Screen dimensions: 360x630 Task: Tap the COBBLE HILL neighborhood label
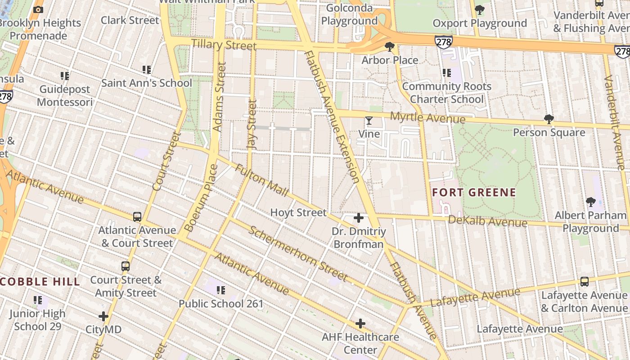point(40,282)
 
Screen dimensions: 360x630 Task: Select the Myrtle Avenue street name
point(427,117)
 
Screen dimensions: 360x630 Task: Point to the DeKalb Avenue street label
point(487,221)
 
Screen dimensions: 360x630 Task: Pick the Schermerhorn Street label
point(298,253)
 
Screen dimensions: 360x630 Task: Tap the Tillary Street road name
point(224,45)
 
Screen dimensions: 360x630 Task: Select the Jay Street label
point(252,125)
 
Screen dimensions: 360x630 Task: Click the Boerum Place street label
point(201,198)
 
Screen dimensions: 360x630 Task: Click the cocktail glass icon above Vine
point(369,121)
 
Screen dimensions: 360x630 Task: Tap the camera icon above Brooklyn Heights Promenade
point(39,9)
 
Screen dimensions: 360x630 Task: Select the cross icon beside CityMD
point(103,316)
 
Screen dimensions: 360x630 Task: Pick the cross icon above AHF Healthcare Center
point(360,324)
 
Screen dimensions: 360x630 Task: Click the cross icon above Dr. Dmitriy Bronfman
point(358,218)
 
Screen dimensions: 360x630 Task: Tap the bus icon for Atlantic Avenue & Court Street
point(137,217)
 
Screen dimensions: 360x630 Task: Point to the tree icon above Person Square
point(549,119)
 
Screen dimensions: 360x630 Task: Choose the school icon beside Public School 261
point(220,290)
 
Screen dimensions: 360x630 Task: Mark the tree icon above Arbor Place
point(390,47)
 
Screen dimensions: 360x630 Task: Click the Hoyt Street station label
point(298,212)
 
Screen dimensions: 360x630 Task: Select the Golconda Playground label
point(349,14)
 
